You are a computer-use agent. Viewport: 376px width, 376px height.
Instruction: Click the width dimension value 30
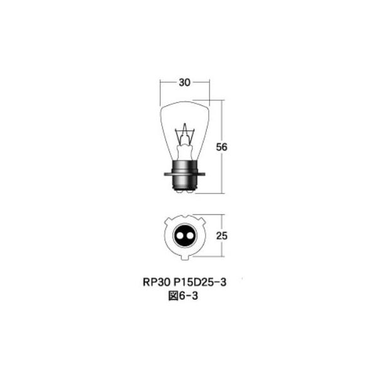(185, 82)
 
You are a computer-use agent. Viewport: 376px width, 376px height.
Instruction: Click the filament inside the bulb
(185, 133)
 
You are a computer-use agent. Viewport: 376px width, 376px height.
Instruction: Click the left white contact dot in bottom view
(180, 237)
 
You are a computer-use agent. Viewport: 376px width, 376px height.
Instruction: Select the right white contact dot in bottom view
(190, 237)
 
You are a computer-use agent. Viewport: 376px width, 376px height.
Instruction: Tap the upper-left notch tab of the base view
(168, 221)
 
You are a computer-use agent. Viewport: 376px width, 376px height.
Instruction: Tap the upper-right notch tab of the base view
(202, 221)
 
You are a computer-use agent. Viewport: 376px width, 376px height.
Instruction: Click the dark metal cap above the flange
(185, 164)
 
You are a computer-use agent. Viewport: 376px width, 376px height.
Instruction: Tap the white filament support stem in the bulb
(185, 150)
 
